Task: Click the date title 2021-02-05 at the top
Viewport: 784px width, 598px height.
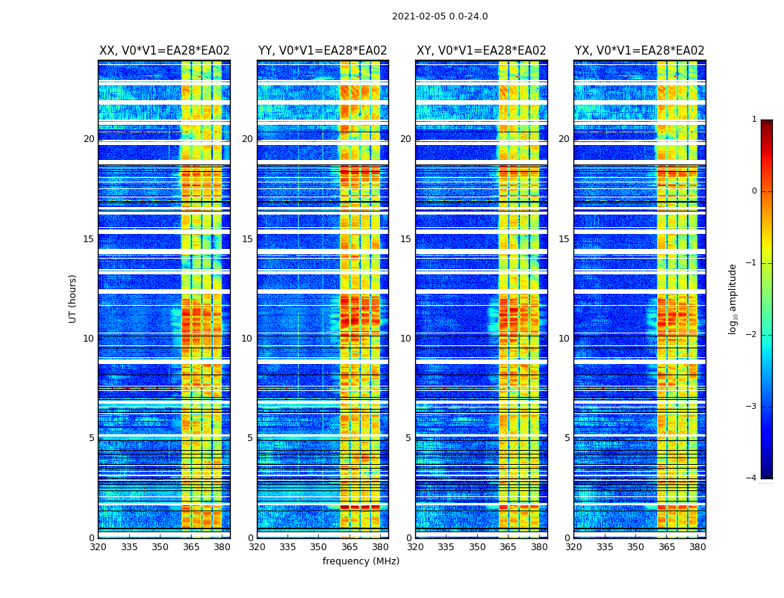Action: click(439, 16)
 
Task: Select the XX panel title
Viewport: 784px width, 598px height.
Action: click(164, 51)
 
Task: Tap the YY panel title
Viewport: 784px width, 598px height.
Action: click(323, 51)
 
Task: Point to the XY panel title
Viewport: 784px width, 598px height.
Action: click(481, 51)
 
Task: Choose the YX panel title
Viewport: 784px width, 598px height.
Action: click(639, 51)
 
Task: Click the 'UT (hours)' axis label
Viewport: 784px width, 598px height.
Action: click(72, 298)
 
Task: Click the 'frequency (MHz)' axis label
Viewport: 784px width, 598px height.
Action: click(361, 561)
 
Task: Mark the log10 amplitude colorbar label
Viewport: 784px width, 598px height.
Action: click(733, 298)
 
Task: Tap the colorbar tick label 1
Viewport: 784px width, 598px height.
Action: click(753, 120)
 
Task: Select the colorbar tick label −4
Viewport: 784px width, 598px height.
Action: click(752, 478)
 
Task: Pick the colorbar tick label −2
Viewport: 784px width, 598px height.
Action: click(752, 335)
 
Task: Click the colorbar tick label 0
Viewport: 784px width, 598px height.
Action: click(753, 191)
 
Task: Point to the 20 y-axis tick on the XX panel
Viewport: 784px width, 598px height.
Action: click(89, 139)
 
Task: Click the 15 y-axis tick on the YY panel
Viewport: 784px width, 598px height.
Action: click(247, 239)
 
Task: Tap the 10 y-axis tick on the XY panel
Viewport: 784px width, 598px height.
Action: click(405, 339)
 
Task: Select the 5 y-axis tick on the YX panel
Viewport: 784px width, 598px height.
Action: click(567, 438)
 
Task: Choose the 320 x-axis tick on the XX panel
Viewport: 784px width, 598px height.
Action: click(98, 547)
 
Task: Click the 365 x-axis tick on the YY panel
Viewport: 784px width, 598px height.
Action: click(349, 547)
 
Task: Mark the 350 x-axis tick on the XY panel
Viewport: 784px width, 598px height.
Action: click(477, 547)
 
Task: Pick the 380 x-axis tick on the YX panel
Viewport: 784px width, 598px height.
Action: click(697, 547)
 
